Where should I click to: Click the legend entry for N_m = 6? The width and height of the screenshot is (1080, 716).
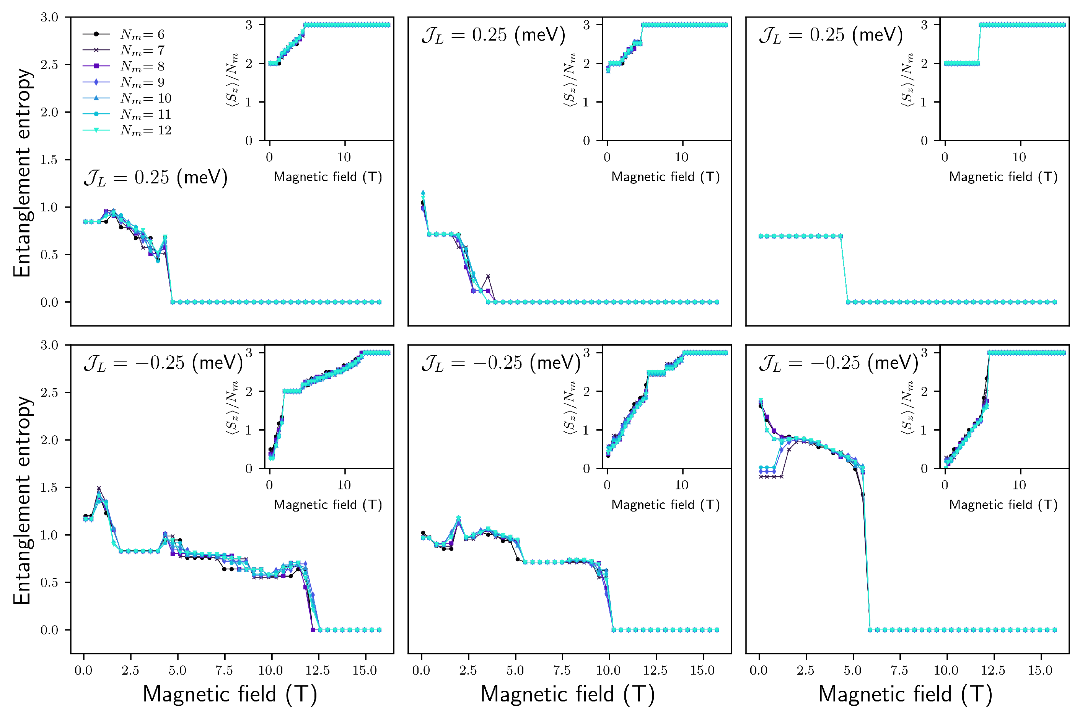[142, 34]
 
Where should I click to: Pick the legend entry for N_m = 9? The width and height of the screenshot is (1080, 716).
[142, 82]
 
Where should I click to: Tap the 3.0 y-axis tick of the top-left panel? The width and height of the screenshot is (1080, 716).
[49, 17]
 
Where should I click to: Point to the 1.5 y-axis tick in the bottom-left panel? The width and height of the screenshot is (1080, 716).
[49, 488]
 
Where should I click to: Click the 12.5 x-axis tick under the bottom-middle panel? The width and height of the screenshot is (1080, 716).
[655, 670]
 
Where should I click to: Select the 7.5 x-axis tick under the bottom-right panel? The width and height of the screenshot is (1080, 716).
[899, 670]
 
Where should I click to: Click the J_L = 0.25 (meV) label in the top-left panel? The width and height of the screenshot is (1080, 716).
[156, 178]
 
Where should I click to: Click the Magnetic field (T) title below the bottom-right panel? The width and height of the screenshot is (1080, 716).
[905, 694]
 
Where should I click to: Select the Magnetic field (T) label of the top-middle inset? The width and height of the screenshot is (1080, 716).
[666, 177]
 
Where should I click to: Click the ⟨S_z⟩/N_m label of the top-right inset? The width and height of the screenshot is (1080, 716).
[907, 80]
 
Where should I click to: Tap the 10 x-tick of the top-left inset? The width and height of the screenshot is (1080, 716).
[344, 157]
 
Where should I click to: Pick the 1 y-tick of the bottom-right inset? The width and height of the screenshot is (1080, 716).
[924, 430]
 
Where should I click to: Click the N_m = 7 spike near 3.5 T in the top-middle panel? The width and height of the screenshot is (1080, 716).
[488, 276]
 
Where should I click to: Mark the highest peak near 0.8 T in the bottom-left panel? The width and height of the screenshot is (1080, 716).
[99, 489]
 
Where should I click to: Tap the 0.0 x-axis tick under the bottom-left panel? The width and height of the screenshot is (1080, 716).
[83, 670]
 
